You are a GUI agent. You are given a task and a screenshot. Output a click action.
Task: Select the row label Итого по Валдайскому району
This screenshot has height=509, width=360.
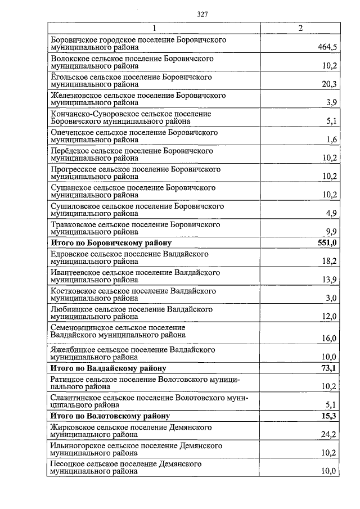(x=108, y=368)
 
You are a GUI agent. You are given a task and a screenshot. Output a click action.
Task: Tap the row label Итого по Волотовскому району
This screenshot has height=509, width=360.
(x=110, y=416)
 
